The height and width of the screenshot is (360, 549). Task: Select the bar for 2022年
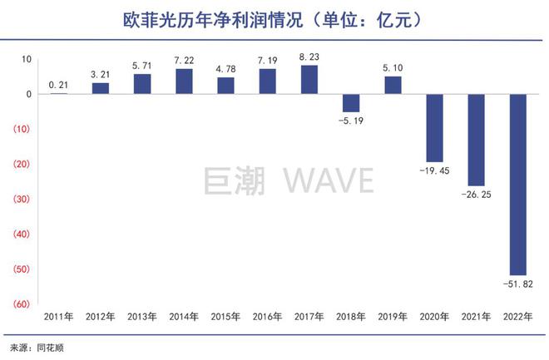517,185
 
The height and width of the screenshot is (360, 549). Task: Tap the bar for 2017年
309,80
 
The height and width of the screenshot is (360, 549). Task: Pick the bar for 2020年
433,128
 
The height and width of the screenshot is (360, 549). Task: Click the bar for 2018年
350,103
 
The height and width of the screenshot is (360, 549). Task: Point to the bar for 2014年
184,81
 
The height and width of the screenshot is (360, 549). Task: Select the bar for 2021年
475,140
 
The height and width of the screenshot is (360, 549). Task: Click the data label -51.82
517,285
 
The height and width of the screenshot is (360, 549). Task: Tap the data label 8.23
309,57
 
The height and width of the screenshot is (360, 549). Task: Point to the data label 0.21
59,85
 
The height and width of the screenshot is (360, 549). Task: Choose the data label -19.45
433,172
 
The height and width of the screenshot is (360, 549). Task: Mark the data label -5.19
350,121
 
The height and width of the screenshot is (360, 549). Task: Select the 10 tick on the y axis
26,60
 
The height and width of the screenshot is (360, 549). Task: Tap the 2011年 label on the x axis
59,317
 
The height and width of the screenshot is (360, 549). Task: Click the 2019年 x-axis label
392,317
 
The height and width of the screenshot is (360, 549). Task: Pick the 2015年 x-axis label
225,317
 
